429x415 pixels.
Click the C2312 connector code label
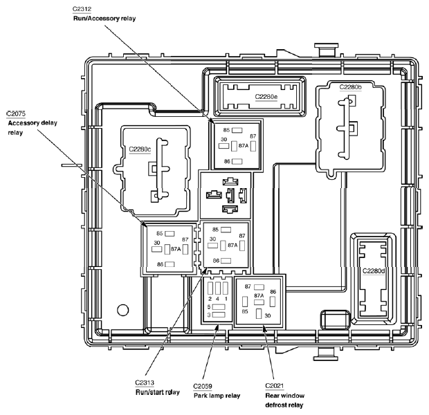pyautogui.click(x=82, y=9)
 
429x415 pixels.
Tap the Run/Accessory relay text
pyautogui.click(x=104, y=19)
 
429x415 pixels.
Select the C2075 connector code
pyautogui.click(x=16, y=113)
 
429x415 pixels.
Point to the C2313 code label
pyautogui.click(x=145, y=382)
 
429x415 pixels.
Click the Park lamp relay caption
pyautogui.click(x=217, y=396)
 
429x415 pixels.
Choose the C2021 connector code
pyautogui.click(x=275, y=386)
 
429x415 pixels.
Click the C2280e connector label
pyautogui.click(x=266, y=97)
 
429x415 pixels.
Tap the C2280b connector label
pyautogui.click(x=351, y=87)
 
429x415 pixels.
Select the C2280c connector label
pyautogui.click(x=140, y=149)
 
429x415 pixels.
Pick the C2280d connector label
pyautogui.click(x=374, y=271)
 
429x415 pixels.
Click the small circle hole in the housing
pyautogui.click(x=123, y=310)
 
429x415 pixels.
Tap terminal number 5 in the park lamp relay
pyautogui.click(x=209, y=307)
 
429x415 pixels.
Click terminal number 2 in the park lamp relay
pyautogui.click(x=210, y=299)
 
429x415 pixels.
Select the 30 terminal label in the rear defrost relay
pyautogui.click(x=268, y=315)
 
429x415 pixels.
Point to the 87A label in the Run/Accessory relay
pyautogui.click(x=244, y=146)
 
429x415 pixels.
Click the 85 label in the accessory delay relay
pyautogui.click(x=160, y=233)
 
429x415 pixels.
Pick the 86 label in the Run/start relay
pyautogui.click(x=216, y=261)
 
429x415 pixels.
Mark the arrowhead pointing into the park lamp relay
pyautogui.click(x=217, y=327)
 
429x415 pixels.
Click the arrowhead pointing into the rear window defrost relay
pyautogui.click(x=264, y=329)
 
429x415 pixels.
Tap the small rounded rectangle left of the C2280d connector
pyautogui.click(x=335, y=320)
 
